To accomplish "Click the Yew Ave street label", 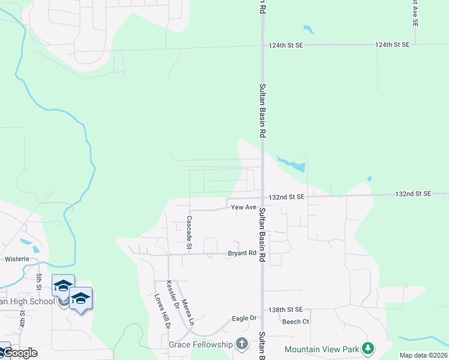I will pos(244,208).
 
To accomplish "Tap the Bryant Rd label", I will pos(242,254).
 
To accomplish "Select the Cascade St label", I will pos(189,232).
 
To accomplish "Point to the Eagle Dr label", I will pos(244,318).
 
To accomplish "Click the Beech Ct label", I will pos(295,322).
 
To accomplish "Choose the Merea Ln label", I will pos(188,312).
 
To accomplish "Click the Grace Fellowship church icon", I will pos(241,344).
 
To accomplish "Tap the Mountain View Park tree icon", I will pos(368,348).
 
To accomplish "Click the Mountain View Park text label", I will pos(321,349).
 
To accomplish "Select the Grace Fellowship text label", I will pos(200,344).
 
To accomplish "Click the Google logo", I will pos(19,353).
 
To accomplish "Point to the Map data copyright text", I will pos(423,355).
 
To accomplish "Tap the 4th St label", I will pos(22,318).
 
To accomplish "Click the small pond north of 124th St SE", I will pos(309,29).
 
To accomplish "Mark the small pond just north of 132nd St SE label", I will pos(369,179).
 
